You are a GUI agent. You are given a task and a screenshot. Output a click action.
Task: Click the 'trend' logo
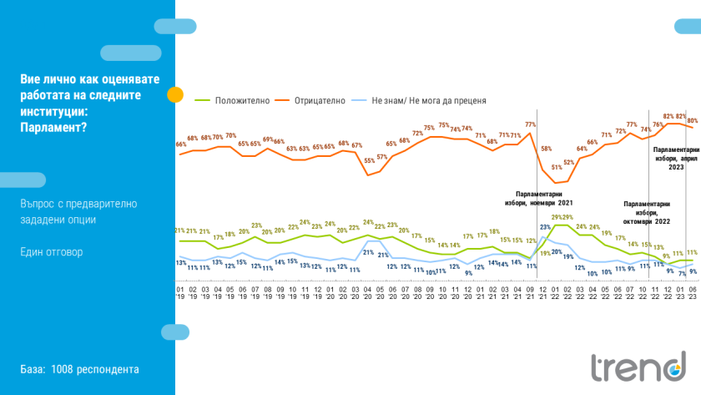tap(638, 367)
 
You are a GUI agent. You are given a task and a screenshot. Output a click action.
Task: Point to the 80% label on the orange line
tap(693, 120)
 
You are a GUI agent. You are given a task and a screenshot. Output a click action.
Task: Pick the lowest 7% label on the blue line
tap(681, 273)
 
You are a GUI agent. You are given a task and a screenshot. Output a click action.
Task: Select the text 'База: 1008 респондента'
tap(80, 369)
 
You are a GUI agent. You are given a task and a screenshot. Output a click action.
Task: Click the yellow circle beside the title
tap(174, 94)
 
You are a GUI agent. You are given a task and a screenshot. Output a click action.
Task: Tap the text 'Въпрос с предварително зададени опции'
tap(80, 211)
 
